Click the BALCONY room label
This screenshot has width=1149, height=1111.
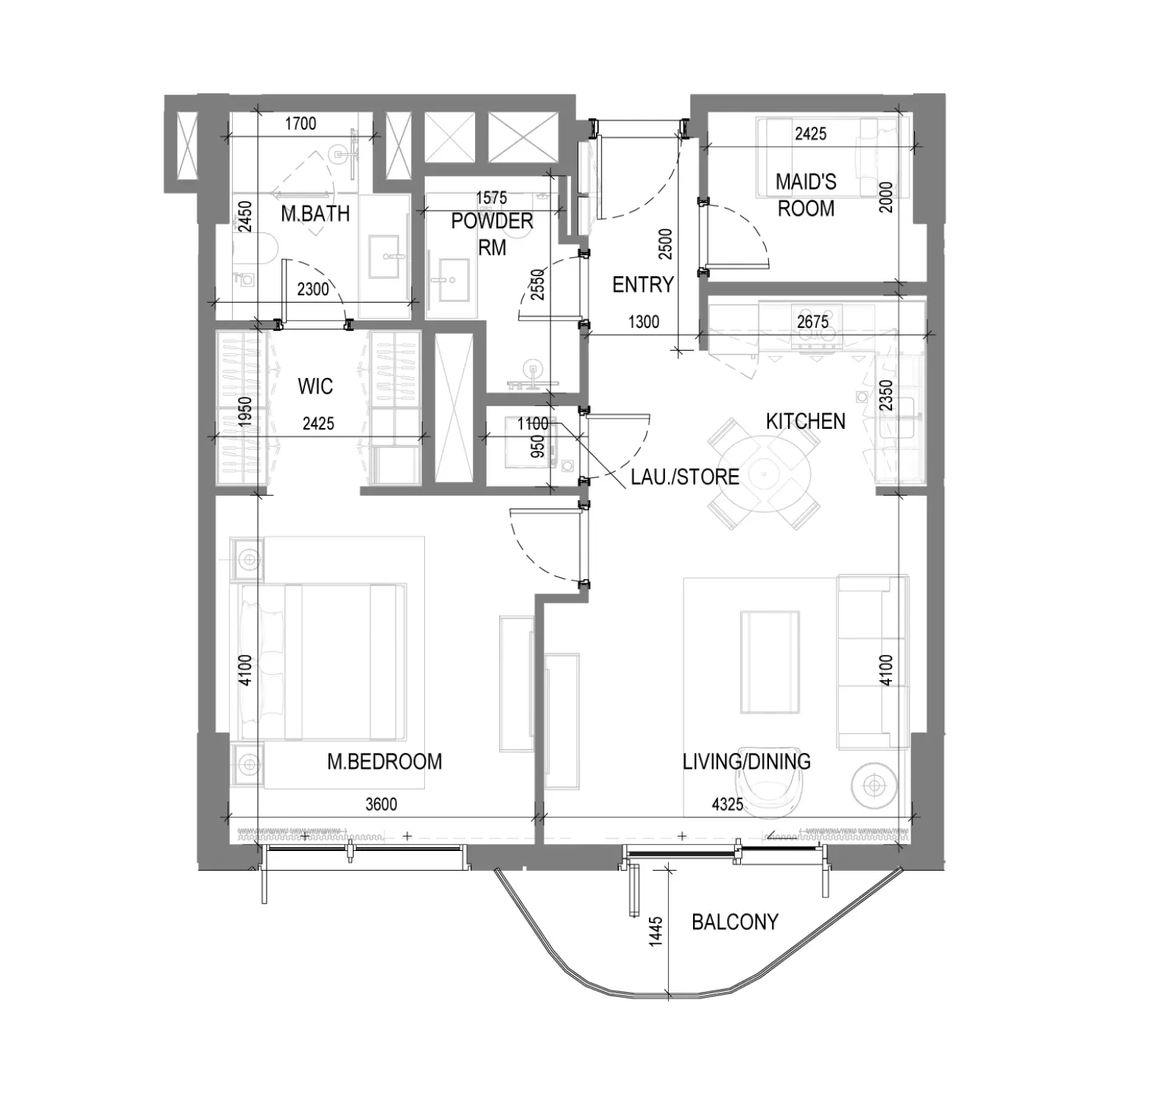pyautogui.click(x=734, y=922)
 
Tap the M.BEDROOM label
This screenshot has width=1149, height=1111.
pyautogui.click(x=384, y=761)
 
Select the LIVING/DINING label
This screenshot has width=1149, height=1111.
pyautogui.click(x=746, y=761)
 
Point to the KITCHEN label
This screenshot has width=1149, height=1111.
pyautogui.click(x=805, y=421)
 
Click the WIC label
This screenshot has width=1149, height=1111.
pyautogui.click(x=315, y=386)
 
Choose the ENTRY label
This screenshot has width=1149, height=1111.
pyautogui.click(x=643, y=284)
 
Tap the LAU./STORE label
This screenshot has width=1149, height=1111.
pyautogui.click(x=685, y=477)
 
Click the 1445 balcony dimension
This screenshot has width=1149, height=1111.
pyautogui.click(x=656, y=930)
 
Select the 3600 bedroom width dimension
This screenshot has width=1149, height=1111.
pyautogui.click(x=381, y=804)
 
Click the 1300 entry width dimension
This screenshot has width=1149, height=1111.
pyautogui.click(x=644, y=322)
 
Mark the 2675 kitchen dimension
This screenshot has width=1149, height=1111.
pyautogui.click(x=812, y=321)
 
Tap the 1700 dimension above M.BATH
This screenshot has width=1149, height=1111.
pyautogui.click(x=301, y=123)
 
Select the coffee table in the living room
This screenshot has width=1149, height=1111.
pyautogui.click(x=770, y=662)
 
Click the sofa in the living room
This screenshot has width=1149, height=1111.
pyautogui.click(x=872, y=662)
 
